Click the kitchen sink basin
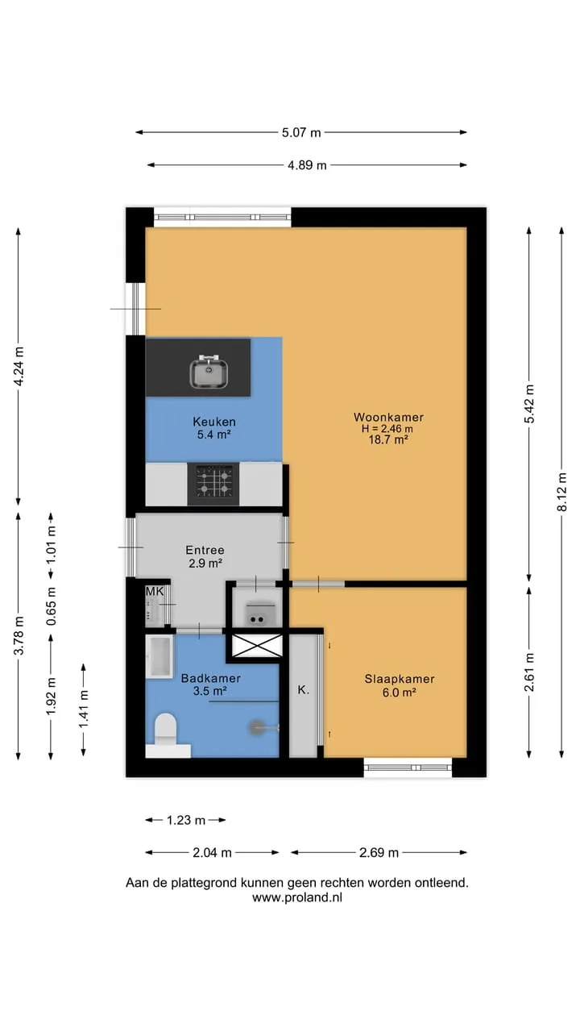(209, 372)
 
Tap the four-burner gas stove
(213, 484)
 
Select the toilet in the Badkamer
(165, 728)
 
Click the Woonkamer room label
(388, 417)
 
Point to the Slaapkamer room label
(400, 679)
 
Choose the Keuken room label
(214, 422)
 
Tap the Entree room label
(205, 550)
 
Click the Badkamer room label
(210, 678)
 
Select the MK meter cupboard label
(155, 591)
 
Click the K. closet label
(303, 689)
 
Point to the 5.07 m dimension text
(301, 133)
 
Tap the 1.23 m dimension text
(185, 820)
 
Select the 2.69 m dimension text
(379, 853)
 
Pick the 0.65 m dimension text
(51, 606)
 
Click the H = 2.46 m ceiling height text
(387, 428)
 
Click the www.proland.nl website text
(297, 897)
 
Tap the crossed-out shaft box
(257, 646)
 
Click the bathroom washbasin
(159, 656)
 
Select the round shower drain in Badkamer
(256, 727)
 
